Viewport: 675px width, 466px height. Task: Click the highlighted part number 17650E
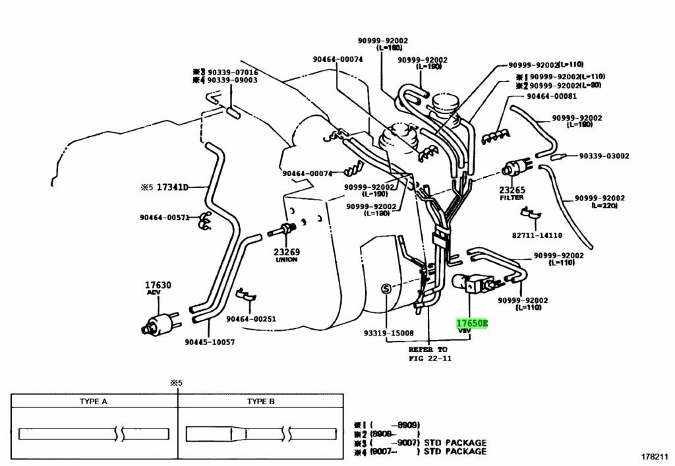[472, 324]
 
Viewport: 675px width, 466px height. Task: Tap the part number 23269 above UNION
[287, 251]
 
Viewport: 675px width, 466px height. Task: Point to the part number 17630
[158, 285]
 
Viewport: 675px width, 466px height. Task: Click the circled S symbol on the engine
[387, 288]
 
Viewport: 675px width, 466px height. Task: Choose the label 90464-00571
[164, 217]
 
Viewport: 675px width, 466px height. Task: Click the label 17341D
[173, 187]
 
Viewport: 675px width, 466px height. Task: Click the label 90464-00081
[551, 96]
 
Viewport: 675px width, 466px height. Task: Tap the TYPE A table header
[94, 401]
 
